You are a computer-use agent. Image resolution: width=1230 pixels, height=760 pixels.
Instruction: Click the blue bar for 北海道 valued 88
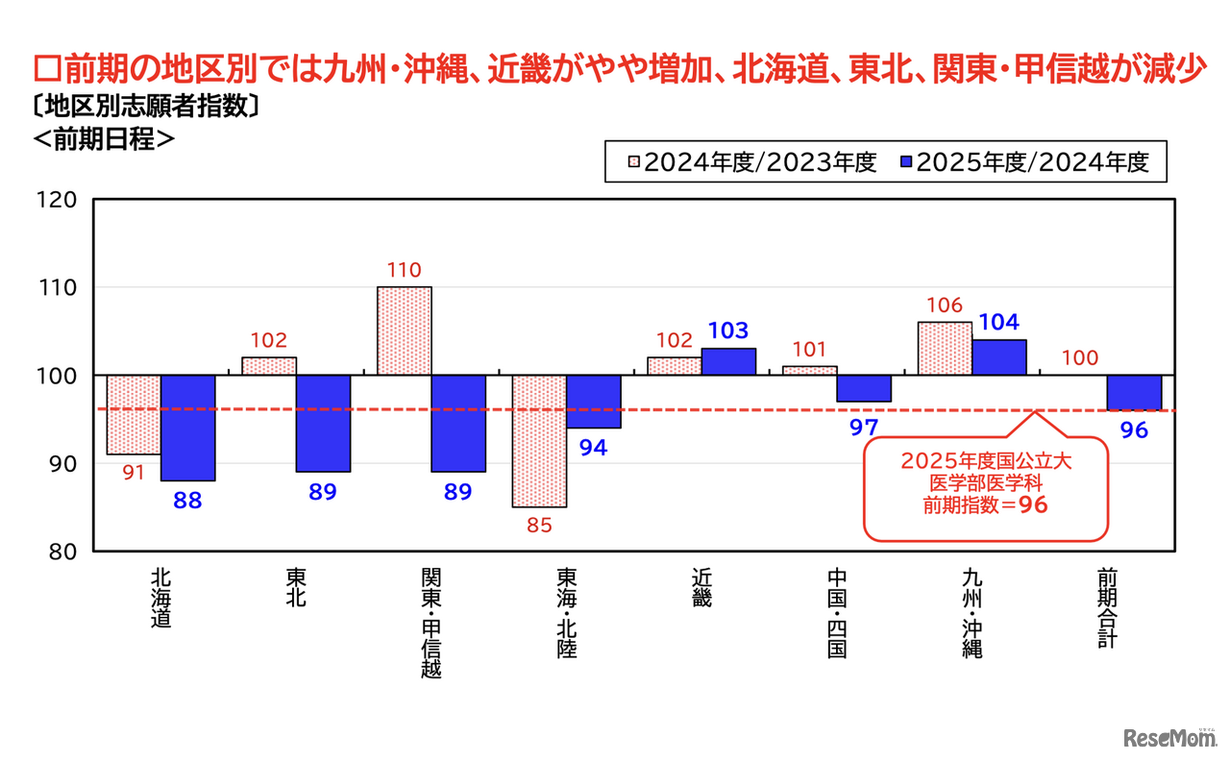[187, 428]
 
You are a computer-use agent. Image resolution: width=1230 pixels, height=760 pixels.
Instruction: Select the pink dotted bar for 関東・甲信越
[404, 331]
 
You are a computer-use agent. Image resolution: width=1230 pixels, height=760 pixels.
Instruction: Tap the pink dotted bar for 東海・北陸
[539, 440]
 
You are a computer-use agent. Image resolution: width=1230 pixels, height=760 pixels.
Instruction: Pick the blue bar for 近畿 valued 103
[728, 361]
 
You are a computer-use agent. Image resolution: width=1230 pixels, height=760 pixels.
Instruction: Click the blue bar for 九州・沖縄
[999, 357]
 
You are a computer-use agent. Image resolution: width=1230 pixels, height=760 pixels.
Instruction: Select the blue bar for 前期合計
[1134, 392]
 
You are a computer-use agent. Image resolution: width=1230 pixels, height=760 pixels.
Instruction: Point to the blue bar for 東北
[323, 423]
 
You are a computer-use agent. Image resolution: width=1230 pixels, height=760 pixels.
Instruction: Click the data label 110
[404, 270]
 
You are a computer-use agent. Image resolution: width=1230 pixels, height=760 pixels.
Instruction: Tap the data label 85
[539, 525]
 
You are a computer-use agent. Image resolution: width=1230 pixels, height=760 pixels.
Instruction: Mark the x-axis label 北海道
[160, 597]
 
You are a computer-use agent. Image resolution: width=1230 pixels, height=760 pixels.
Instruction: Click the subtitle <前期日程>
[104, 138]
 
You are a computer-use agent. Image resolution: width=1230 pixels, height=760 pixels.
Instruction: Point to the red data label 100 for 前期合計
[1079, 357]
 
